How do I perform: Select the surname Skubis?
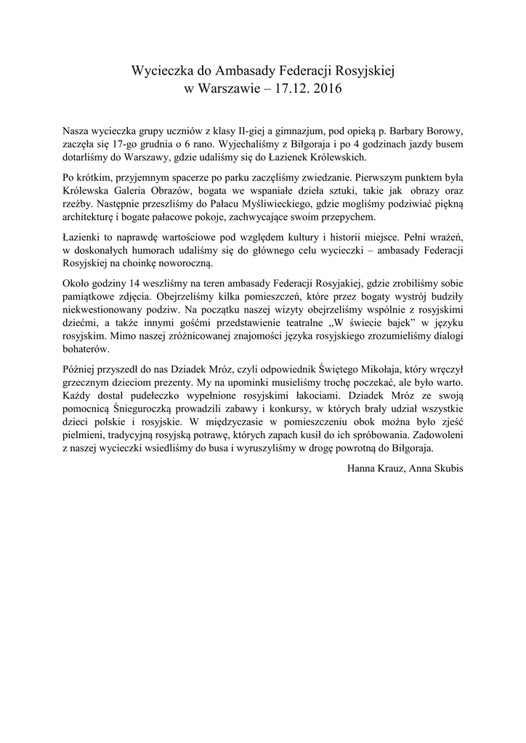[445, 467]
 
